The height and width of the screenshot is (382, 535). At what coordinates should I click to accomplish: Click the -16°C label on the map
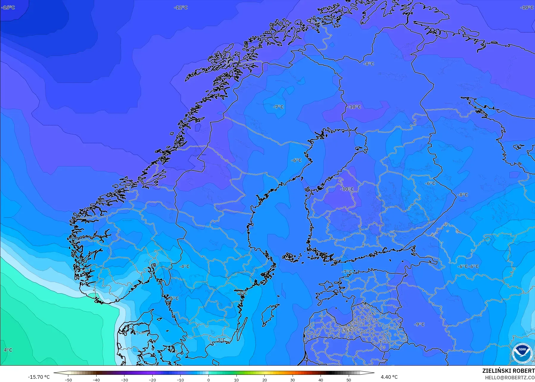tap(8, 7)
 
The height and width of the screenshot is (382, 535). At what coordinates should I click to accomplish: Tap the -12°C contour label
tap(181, 7)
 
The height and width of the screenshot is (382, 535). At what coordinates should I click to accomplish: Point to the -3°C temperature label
tap(220, 340)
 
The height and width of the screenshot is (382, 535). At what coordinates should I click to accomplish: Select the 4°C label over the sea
tap(8, 350)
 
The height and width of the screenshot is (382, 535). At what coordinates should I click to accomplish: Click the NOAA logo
tap(522, 352)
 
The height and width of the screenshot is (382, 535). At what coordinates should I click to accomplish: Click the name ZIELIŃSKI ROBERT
tap(508, 371)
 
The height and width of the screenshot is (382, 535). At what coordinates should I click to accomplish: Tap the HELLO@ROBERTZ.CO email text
tap(510, 378)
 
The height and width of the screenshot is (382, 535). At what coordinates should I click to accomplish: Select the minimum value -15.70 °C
tap(39, 377)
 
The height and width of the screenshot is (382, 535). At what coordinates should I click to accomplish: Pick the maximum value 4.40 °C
tap(389, 377)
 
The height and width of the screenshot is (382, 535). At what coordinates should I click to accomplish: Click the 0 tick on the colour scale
tap(209, 380)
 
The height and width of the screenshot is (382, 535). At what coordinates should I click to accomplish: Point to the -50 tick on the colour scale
tap(68, 380)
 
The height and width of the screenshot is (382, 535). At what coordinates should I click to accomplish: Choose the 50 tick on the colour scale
tap(349, 380)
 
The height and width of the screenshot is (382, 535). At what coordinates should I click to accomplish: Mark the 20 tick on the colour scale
tap(265, 380)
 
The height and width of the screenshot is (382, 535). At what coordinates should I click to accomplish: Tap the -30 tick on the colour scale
tap(124, 380)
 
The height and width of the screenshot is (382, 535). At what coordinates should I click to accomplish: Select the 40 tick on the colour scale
tap(321, 380)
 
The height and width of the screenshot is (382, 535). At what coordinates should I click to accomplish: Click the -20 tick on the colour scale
tap(152, 380)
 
